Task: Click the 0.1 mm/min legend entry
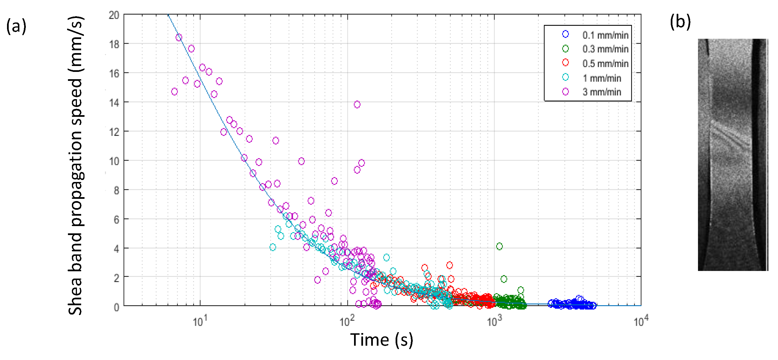click(x=605, y=35)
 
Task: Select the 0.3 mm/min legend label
click(x=605, y=49)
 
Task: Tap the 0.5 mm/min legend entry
click(x=605, y=64)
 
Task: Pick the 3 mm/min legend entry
click(x=601, y=92)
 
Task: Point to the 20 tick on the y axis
click(x=114, y=15)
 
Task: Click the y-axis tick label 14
click(x=114, y=103)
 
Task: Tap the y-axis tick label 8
click(x=116, y=191)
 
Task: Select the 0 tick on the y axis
click(x=116, y=307)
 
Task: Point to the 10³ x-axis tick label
click(x=494, y=321)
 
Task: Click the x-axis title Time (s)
click(x=382, y=340)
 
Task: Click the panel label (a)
click(x=16, y=26)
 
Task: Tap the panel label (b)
click(x=680, y=22)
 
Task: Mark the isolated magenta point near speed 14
click(x=357, y=104)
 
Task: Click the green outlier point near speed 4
click(x=499, y=247)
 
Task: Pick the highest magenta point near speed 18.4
click(x=179, y=37)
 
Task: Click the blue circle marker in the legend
click(x=565, y=35)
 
